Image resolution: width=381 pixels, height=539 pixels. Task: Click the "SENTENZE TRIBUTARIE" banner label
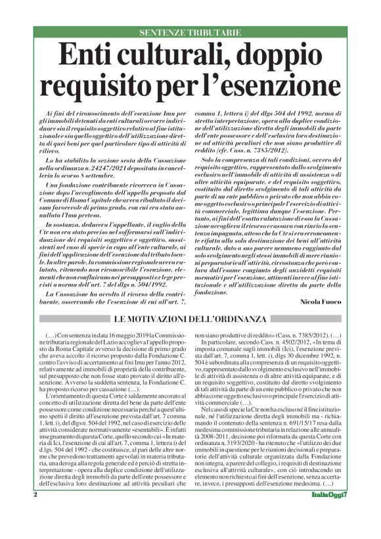tap(190, 32)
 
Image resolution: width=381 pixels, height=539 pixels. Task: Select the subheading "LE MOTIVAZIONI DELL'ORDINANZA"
tap(190, 319)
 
